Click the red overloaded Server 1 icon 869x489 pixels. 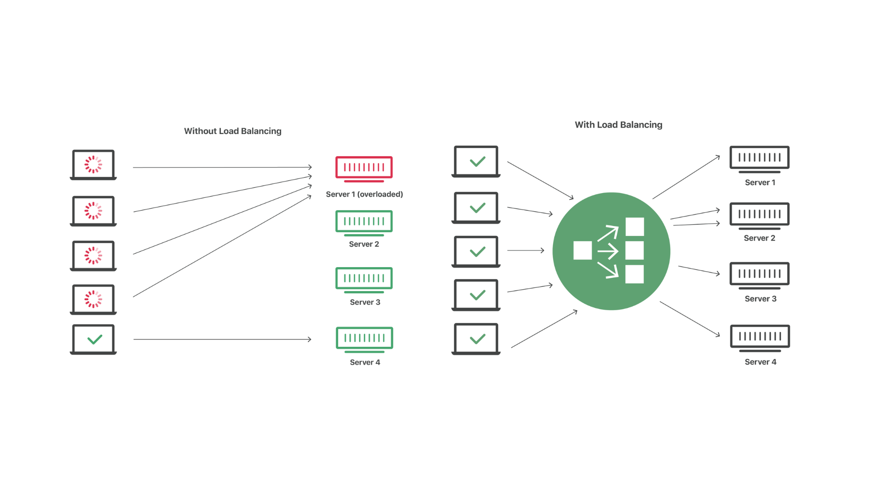pyautogui.click(x=364, y=168)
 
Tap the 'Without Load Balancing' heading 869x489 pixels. pyautogui.click(x=233, y=131)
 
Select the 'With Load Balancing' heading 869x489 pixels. pyautogui.click(x=618, y=125)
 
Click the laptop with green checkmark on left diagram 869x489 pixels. pyautogui.click(x=94, y=339)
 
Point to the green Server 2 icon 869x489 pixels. pyautogui.click(x=364, y=222)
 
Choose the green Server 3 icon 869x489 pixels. pyautogui.click(x=364, y=279)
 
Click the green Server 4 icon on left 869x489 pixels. pyautogui.click(x=364, y=339)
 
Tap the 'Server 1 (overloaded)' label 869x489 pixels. pyautogui.click(x=364, y=194)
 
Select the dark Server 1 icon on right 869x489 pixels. pyautogui.click(x=759, y=158)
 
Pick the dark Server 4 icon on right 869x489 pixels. pyautogui.click(x=760, y=337)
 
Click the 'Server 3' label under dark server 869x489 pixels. pyautogui.click(x=760, y=299)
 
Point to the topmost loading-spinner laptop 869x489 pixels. pyautogui.click(x=94, y=164)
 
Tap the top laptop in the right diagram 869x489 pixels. pyautogui.click(x=476, y=161)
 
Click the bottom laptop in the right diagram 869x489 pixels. pyautogui.click(x=476, y=338)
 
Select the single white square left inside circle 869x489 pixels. pyautogui.click(x=583, y=250)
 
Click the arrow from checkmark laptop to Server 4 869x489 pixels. pyautogui.click(x=222, y=339)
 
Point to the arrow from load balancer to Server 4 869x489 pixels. pyautogui.click(x=689, y=319)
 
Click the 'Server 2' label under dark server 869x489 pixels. pyautogui.click(x=759, y=238)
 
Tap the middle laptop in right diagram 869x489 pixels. pyautogui.click(x=476, y=251)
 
